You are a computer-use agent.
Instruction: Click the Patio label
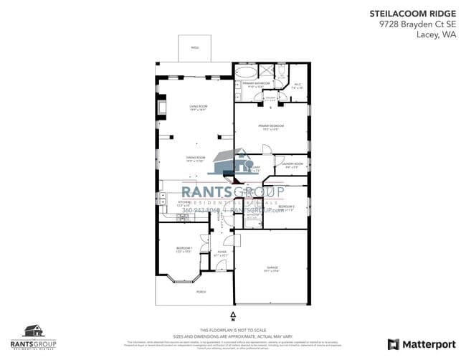coord(195,48)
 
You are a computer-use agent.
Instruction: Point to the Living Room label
coord(198,108)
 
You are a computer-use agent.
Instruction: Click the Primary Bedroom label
coord(270,128)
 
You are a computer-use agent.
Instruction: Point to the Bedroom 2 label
coord(287,207)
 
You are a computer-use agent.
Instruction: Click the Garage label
coord(270,268)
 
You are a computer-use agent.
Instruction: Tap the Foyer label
coord(222,253)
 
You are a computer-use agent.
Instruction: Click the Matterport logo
coord(422,344)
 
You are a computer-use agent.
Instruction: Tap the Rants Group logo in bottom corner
coord(34,335)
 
